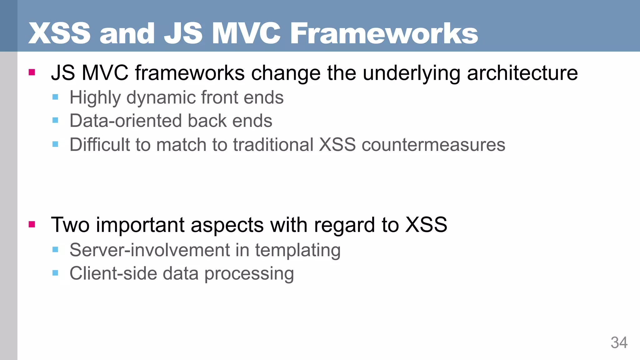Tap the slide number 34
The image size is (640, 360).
click(x=619, y=342)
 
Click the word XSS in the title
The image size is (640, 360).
click(x=59, y=33)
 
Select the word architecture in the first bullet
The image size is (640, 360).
click(x=522, y=73)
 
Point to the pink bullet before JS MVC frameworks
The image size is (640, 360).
click(x=32, y=72)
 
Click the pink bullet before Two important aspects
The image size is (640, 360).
click(x=32, y=224)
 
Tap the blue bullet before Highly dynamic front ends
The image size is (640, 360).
click(x=55, y=97)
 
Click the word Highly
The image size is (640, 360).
click(x=95, y=97)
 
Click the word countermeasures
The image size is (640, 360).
click(x=433, y=145)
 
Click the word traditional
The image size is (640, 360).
click(x=273, y=145)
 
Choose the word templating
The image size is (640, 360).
click(x=297, y=251)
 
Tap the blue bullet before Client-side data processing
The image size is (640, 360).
click(x=55, y=273)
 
